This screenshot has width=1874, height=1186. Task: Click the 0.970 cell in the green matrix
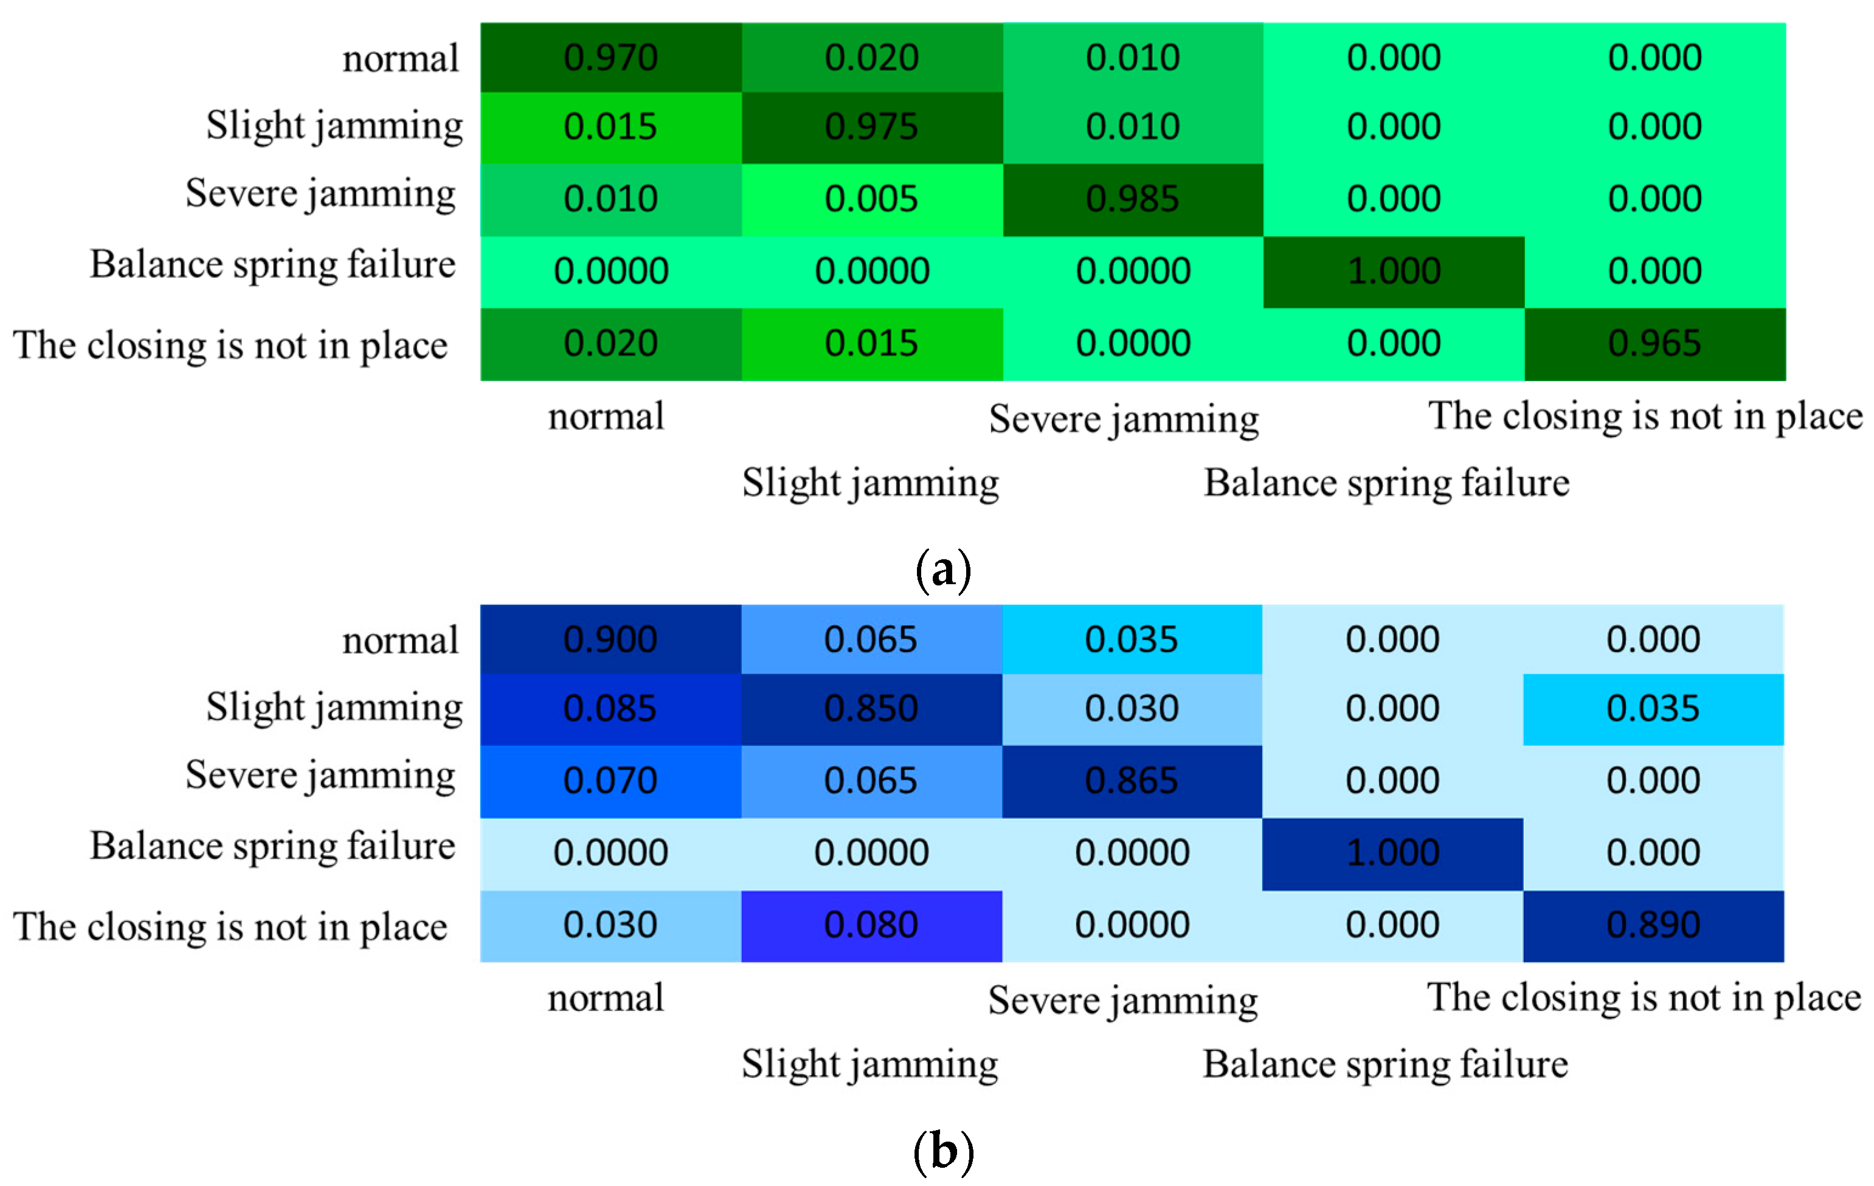pyautogui.click(x=611, y=58)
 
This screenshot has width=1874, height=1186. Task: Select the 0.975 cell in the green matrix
pyautogui.click(x=871, y=127)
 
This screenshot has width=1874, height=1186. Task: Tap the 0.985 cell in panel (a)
pyautogui.click(x=1132, y=199)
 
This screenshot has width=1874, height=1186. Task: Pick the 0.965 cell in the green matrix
pyautogui.click(x=1654, y=343)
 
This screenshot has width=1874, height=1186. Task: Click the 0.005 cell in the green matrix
pyautogui.click(x=871, y=199)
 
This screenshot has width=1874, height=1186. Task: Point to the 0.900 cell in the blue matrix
pyautogui.click(x=611, y=639)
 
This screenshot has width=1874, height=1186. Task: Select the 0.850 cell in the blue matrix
pyautogui.click(x=871, y=708)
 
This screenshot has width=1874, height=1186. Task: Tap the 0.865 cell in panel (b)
pyautogui.click(x=1132, y=781)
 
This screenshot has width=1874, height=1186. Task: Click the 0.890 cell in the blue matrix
pyautogui.click(x=1653, y=925)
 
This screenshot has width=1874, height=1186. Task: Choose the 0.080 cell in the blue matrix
pyautogui.click(x=871, y=925)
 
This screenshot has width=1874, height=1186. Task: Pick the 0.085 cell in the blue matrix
pyautogui.click(x=611, y=708)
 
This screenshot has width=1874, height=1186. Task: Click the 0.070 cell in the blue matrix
pyautogui.click(x=611, y=781)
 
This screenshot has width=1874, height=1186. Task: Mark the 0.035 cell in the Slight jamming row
pyautogui.click(x=1653, y=708)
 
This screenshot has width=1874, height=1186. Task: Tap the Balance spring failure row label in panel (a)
pyautogui.click(x=272, y=264)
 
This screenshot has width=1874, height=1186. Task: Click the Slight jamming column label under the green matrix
pyautogui.click(x=870, y=483)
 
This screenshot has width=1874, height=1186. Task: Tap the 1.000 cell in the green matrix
pyautogui.click(x=1393, y=271)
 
